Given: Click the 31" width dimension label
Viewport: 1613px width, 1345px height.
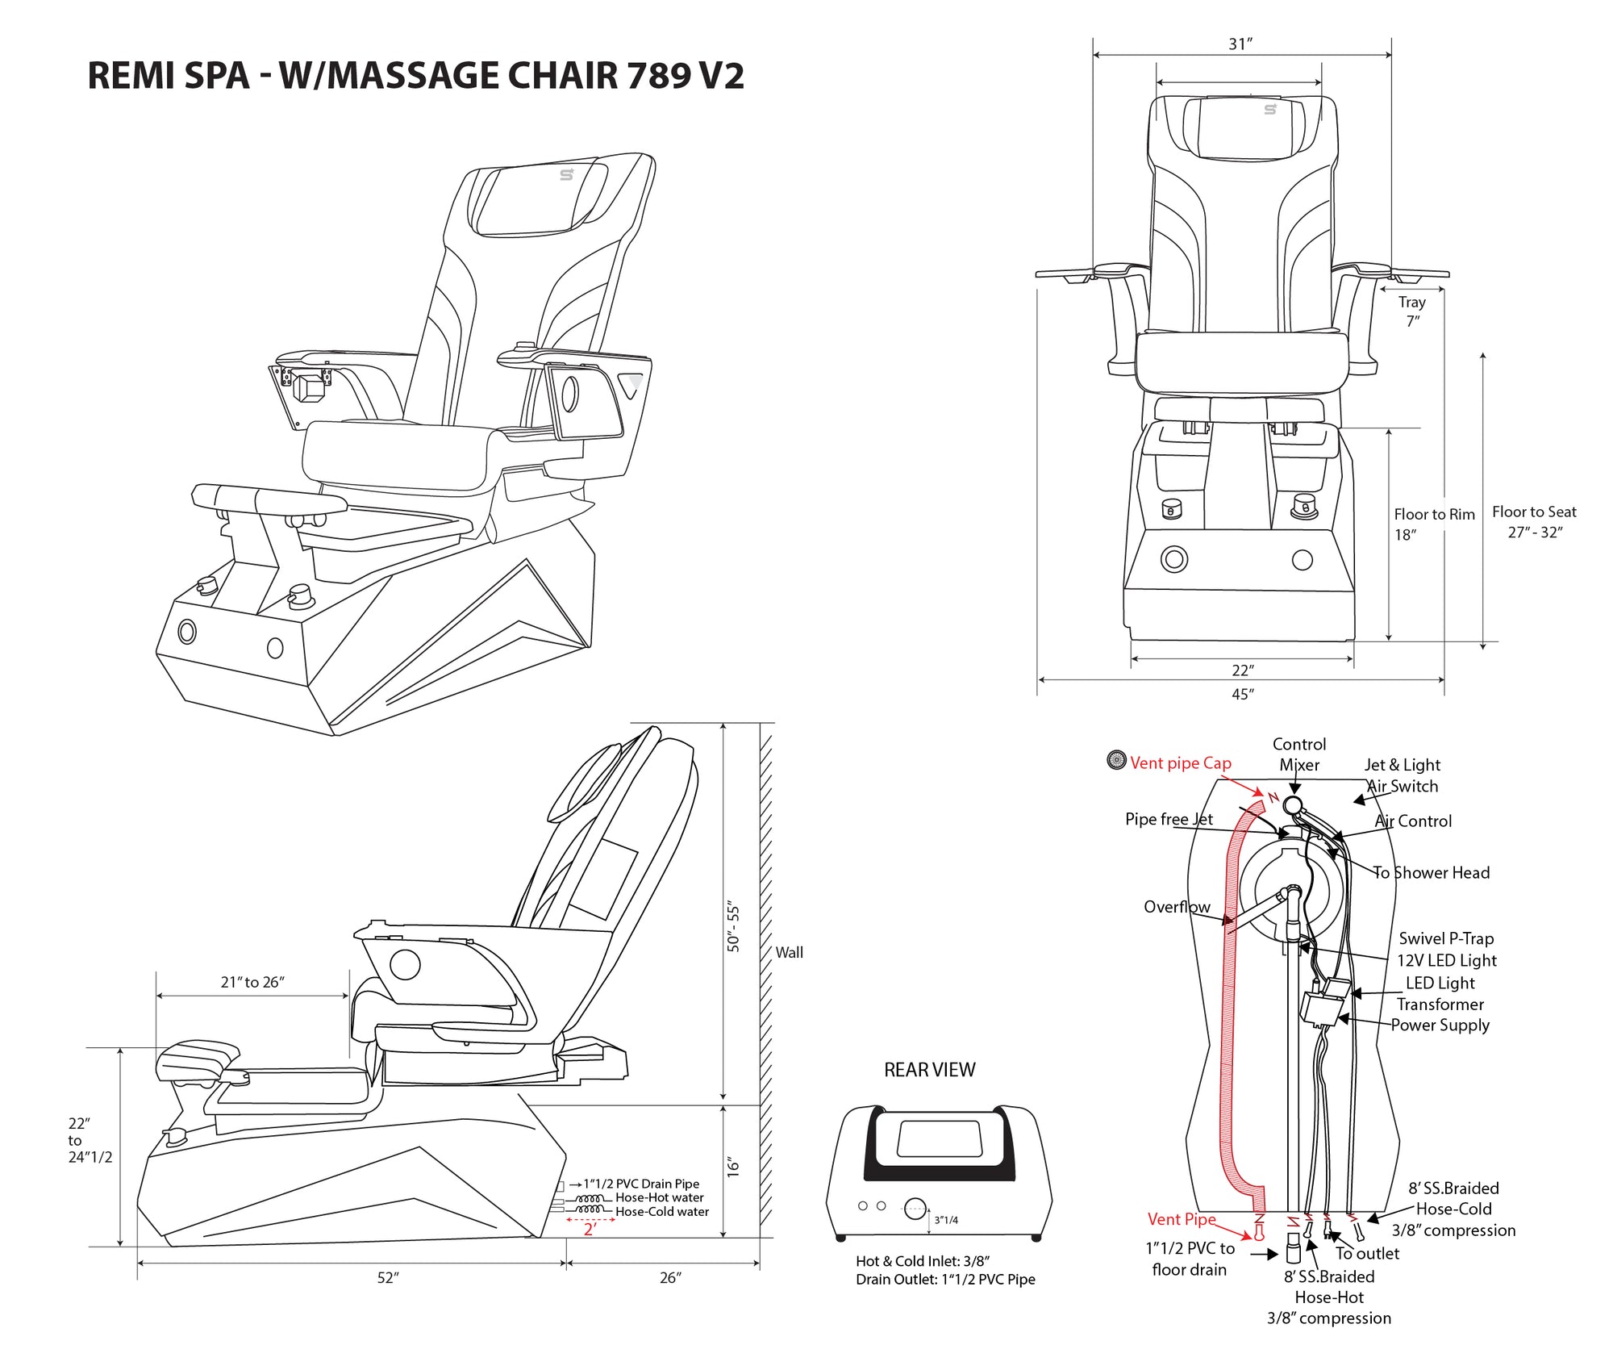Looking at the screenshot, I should pos(1240,44).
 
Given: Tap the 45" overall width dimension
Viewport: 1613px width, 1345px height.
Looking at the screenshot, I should pos(1242,694).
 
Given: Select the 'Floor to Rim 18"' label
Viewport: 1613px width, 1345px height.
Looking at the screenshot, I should pos(1434,524).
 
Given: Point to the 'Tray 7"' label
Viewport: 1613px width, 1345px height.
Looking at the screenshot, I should pos(1412,311).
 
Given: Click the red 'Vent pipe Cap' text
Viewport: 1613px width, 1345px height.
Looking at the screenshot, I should pos(1180,763).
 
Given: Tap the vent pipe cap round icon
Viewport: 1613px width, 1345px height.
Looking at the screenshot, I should pos(1116,760).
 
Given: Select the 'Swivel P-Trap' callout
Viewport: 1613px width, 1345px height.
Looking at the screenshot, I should pos(1446,938).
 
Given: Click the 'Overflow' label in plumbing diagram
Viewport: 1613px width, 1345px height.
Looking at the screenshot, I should pos(1176,907).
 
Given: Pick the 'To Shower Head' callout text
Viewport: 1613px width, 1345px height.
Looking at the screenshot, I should pos(1432,872).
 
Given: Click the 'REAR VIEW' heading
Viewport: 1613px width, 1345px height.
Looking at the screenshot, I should pos(929,1070).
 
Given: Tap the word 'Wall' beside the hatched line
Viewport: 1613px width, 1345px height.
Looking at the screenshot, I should pos(789,952).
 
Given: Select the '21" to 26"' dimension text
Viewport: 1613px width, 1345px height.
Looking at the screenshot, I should pos(252,982).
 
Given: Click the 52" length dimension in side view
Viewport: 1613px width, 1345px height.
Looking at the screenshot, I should pos(388,1278).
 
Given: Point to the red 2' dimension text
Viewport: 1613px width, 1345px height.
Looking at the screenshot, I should pos(590,1230).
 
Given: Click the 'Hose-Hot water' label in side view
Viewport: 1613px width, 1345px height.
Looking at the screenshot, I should pos(659,1197).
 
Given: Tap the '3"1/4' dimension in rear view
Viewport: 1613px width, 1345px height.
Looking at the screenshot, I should pos(946,1220).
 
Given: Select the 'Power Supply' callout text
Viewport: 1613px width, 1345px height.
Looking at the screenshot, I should pos(1440,1025).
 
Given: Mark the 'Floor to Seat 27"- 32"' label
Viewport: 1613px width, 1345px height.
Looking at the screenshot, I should pos(1534,521).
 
